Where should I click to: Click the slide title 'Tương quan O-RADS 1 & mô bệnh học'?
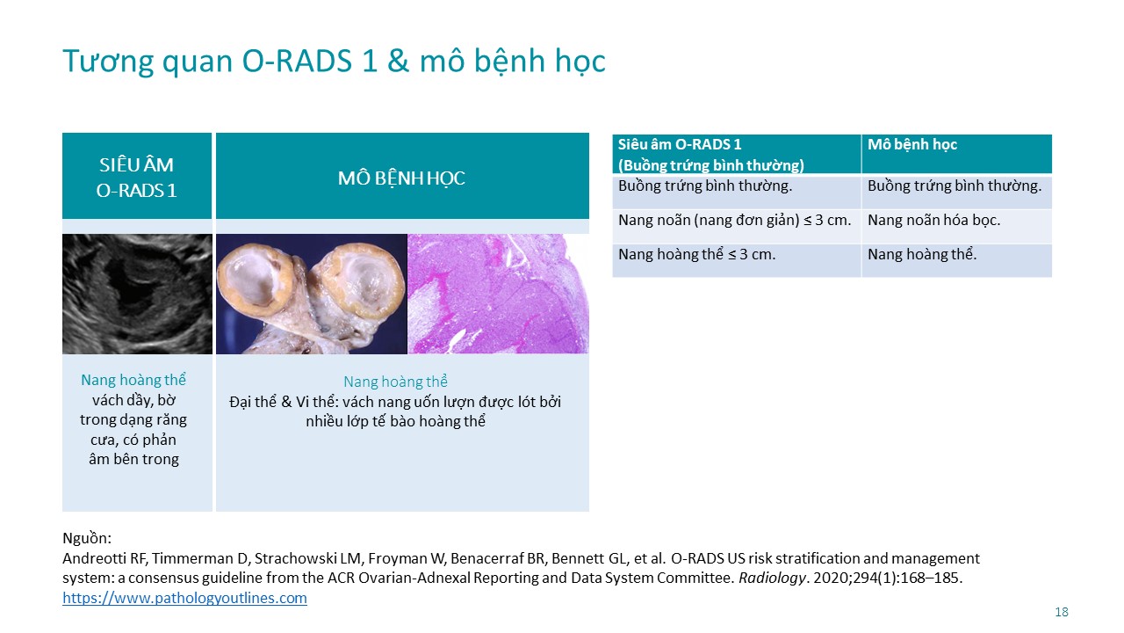click(334, 62)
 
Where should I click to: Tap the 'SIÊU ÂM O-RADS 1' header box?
click(137, 176)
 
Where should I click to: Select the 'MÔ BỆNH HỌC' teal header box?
click(402, 176)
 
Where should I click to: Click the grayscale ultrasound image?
click(137, 294)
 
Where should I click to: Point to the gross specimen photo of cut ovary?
click(312, 294)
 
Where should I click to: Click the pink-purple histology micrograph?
click(498, 294)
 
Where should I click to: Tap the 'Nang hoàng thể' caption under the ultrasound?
click(133, 380)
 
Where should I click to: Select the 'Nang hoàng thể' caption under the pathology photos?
click(395, 382)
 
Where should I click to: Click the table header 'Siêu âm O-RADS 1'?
click(680, 145)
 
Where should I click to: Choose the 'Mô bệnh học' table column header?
click(912, 145)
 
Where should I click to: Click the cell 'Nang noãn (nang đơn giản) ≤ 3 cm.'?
click(735, 220)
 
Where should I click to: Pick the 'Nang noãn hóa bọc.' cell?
click(933, 220)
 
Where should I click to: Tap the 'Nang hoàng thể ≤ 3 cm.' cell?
click(696, 254)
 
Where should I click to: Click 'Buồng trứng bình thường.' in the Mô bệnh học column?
click(955, 186)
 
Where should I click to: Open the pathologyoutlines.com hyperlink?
click(184, 598)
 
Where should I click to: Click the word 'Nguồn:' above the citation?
click(87, 538)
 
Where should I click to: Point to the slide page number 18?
click(1062, 612)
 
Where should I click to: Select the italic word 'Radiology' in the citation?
click(772, 578)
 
